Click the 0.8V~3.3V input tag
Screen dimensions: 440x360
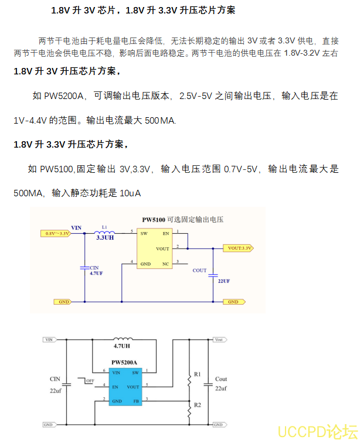tap(56, 233)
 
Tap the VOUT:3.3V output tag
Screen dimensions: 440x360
tap(239, 248)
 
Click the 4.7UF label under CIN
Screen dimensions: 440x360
tap(96, 274)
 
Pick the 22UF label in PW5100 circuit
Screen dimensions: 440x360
tap(223, 281)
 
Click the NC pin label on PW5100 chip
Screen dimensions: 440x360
tap(165, 264)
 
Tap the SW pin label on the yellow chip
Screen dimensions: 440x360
tap(144, 233)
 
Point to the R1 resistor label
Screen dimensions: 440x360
tap(197, 374)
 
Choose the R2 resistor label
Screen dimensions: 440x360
tap(197, 405)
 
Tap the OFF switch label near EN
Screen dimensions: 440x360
tap(90, 381)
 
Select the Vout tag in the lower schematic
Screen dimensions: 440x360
tap(218, 340)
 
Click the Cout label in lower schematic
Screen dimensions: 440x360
tap(221, 379)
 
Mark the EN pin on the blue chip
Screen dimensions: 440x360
tap(116, 387)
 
